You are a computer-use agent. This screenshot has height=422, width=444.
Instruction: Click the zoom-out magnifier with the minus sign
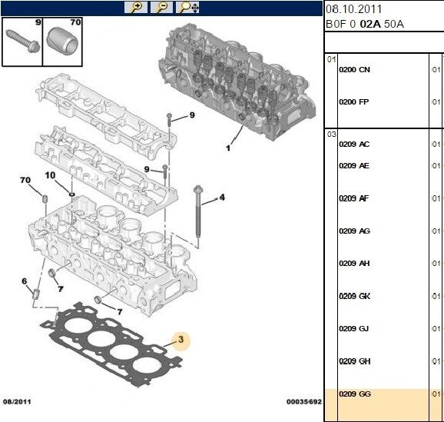pos(161,8)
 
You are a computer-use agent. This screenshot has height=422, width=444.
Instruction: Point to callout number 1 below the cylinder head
pos(227,148)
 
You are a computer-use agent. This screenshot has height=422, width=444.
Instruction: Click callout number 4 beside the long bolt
pos(222,198)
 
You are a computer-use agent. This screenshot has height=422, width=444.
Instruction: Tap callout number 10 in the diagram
pos(50,175)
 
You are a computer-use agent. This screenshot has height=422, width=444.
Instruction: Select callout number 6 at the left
pos(25,281)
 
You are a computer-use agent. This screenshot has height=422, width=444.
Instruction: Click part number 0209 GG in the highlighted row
pos(354,394)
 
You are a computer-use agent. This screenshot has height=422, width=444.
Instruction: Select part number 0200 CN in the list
pos(354,70)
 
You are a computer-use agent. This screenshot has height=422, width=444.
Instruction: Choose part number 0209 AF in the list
pos(354,198)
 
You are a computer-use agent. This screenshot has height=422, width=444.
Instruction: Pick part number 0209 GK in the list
pos(354,296)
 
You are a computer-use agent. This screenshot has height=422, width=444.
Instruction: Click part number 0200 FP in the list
pos(354,102)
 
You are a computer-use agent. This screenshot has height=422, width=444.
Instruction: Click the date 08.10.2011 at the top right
pos(353,8)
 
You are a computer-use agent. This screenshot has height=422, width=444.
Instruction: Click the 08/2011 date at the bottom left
pos(16,401)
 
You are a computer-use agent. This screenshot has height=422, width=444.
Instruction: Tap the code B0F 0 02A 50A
pos(364,24)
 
